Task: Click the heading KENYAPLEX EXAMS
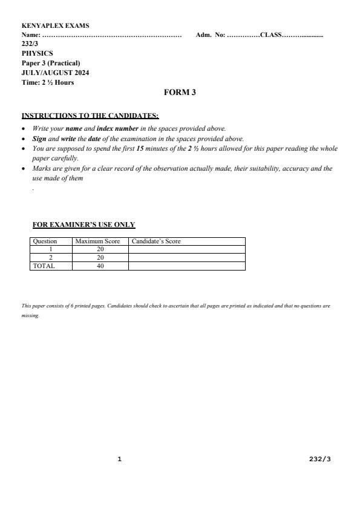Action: tap(54, 26)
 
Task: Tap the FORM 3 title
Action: tap(180, 93)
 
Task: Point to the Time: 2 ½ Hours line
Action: tap(47, 82)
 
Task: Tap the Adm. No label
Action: tap(210, 35)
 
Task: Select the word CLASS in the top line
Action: tap(270, 35)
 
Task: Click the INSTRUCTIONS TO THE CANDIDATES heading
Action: tap(90, 116)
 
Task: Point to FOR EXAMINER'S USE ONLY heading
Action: tap(83, 225)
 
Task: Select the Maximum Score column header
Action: tap(97, 241)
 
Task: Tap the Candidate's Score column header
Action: tap(156, 241)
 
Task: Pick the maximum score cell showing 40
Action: tap(100, 266)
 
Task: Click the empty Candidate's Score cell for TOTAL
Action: tap(186, 266)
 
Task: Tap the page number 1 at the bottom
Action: tap(120, 459)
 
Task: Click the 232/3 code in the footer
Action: tap(319, 459)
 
